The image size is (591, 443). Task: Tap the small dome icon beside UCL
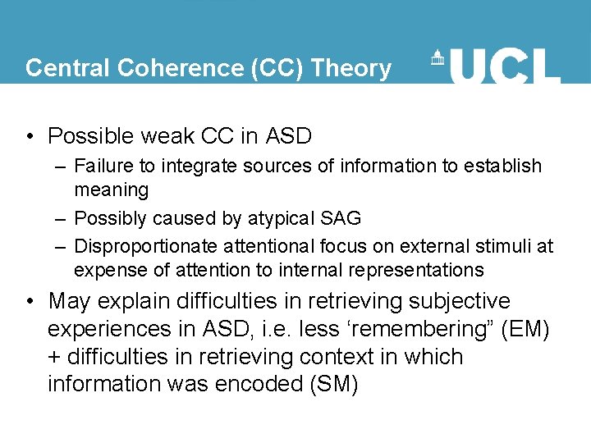(x=437, y=58)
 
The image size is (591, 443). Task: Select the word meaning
(x=112, y=190)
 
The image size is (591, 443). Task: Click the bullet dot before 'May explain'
(x=30, y=302)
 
